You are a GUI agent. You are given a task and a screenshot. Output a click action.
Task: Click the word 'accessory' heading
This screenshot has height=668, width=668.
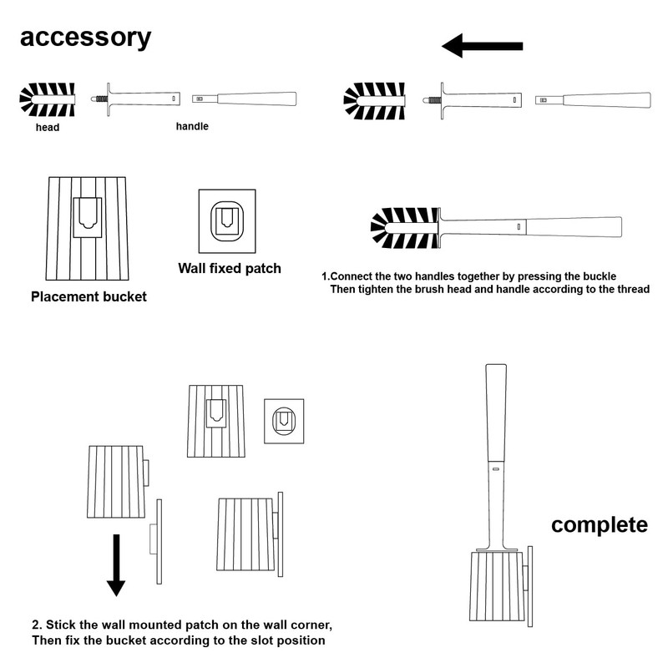tap(86, 38)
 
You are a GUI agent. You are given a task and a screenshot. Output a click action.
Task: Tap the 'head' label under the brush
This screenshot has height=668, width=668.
tap(47, 128)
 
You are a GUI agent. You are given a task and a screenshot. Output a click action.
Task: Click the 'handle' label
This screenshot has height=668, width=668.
tap(192, 126)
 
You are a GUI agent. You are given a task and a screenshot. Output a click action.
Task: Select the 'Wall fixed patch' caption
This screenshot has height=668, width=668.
tap(230, 269)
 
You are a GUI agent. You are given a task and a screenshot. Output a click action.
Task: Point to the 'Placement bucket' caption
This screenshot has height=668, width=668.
tap(89, 296)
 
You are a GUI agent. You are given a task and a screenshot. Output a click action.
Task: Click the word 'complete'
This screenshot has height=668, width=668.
tap(600, 525)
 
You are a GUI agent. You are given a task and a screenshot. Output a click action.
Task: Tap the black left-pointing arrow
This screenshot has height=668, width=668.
tap(482, 46)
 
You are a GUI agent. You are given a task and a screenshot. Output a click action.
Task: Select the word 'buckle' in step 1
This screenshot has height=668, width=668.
tap(598, 276)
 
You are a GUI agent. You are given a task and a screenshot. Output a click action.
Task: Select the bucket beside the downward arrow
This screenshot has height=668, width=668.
tap(116, 482)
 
